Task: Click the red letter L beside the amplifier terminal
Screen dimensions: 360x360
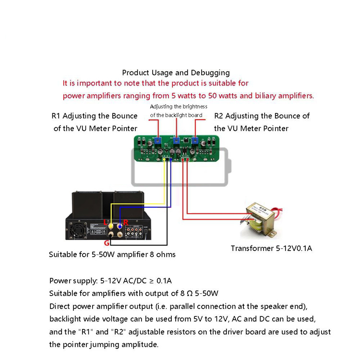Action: pyautogui.click(x=106, y=222)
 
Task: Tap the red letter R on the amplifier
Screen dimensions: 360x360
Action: pyautogui.click(x=126, y=222)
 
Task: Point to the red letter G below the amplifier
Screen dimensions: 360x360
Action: pyautogui.click(x=107, y=243)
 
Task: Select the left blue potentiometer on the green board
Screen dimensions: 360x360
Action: pyautogui.click(x=157, y=140)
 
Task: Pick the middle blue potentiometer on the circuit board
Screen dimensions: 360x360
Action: pyautogui.click(x=176, y=140)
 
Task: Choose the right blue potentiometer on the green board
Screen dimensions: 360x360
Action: pyautogui.click(x=195, y=140)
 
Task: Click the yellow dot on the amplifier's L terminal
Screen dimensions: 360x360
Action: pyautogui.click(x=111, y=227)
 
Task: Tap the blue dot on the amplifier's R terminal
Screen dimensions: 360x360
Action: pyautogui.click(x=120, y=227)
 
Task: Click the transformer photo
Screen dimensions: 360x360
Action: pyautogui.click(x=261, y=220)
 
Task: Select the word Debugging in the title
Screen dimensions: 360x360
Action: pyautogui.click(x=210, y=73)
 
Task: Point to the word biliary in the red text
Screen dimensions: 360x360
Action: pyautogui.click(x=265, y=96)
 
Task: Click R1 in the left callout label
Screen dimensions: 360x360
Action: pyautogui.click(x=56, y=116)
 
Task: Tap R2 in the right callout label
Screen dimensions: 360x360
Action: pyautogui.click(x=218, y=116)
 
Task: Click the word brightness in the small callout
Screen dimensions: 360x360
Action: pyautogui.click(x=195, y=107)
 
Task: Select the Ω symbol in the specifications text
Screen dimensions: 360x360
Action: pyautogui.click(x=190, y=293)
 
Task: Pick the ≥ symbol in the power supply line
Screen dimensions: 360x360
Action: pyautogui.click(x=152, y=281)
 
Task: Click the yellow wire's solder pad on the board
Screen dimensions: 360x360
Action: pyautogui.click(x=164, y=159)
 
